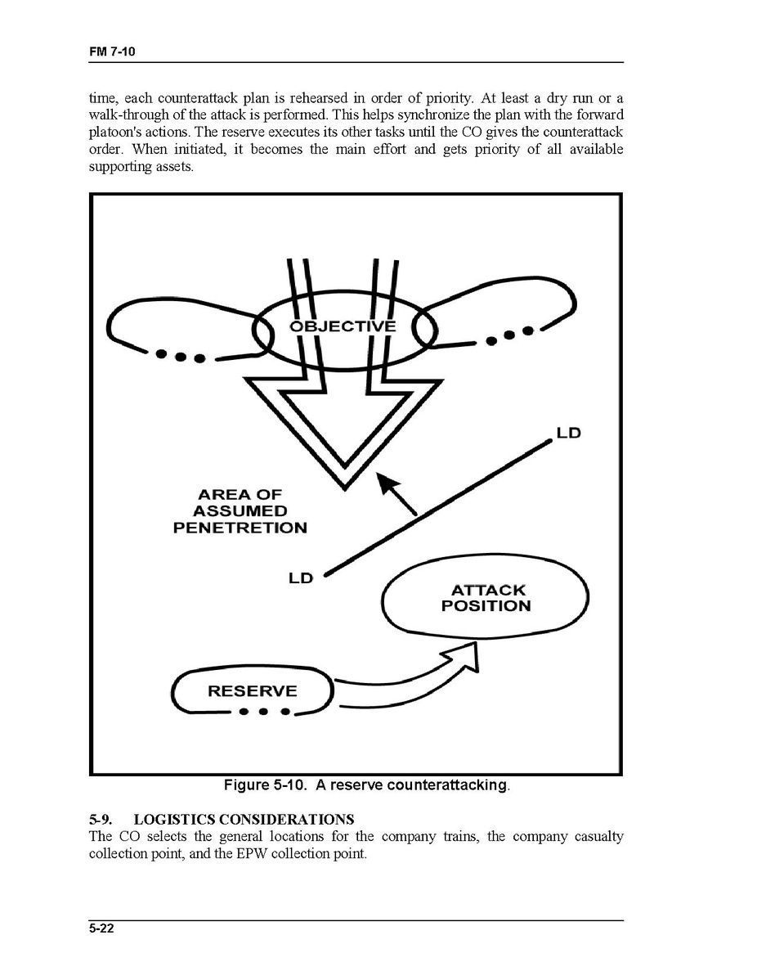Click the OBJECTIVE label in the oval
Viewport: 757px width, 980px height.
[343, 326]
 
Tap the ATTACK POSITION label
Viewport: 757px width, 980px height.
[486, 598]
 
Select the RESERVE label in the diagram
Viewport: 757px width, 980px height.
[253, 691]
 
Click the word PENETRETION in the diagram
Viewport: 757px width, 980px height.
[240, 528]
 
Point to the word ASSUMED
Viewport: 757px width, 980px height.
[240, 511]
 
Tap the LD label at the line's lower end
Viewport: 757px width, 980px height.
[300, 578]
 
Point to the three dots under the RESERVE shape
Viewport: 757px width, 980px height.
[263, 713]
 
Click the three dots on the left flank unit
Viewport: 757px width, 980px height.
[178, 356]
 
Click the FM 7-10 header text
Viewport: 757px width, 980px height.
[111, 52]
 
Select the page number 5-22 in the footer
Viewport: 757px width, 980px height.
[101, 929]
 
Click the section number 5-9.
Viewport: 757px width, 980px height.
[101, 819]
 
